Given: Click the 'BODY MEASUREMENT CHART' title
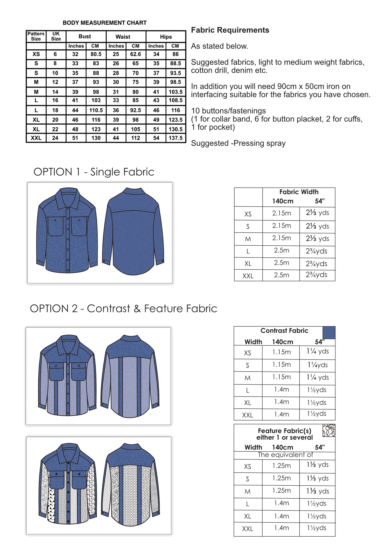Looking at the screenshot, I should click(104, 23).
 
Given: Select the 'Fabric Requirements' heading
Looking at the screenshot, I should click(230, 30).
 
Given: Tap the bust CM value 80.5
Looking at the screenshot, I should click(96, 54).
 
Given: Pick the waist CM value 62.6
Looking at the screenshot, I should click(135, 54).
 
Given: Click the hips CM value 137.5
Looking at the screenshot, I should click(175, 138).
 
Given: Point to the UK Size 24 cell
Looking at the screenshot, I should click(55, 138).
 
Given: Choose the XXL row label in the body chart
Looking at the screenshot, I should click(36, 138).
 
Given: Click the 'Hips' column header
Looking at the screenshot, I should click(166, 37).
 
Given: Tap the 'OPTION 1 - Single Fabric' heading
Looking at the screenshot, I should click(94, 172).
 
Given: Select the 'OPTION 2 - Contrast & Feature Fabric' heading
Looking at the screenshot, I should click(123, 309).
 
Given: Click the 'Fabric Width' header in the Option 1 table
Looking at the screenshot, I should click(299, 192).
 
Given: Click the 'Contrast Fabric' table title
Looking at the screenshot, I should click(284, 331).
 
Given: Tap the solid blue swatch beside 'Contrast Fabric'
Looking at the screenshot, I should click(329, 333).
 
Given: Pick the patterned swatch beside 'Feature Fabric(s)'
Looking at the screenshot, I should click(329, 430).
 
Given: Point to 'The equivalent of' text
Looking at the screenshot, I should click(285, 455).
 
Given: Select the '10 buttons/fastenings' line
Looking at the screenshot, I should click(228, 111).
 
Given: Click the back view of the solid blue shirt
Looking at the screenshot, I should click(133, 232).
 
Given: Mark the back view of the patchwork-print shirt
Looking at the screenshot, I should click(131, 486).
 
